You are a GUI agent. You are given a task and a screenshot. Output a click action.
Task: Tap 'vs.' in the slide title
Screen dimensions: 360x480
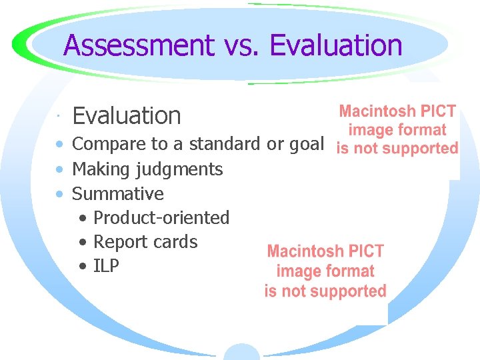pos(240,46)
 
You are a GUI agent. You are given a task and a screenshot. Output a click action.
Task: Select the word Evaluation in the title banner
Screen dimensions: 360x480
pos(336,46)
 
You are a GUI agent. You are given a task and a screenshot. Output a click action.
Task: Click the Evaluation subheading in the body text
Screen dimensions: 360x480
pos(127,116)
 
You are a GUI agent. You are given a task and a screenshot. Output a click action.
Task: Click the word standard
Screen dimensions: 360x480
pos(226,143)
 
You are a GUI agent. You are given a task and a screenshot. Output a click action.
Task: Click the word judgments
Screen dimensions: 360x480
pos(179,170)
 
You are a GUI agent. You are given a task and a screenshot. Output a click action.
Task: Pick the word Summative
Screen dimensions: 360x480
pos(117,194)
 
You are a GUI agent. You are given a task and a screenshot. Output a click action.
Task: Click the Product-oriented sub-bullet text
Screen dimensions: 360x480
pos(161,218)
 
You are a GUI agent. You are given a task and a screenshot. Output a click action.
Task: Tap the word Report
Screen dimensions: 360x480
pos(117,242)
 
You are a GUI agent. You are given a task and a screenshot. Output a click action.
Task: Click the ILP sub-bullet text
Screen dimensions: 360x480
pos(107,266)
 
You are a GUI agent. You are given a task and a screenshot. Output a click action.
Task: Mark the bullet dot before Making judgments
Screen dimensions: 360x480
pos(60,170)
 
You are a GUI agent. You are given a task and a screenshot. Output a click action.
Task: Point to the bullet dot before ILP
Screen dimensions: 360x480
pos(83,267)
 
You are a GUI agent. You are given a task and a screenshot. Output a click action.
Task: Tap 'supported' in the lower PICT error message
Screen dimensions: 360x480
pos(353,291)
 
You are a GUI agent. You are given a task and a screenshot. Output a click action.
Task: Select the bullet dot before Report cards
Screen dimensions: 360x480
pos(83,242)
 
